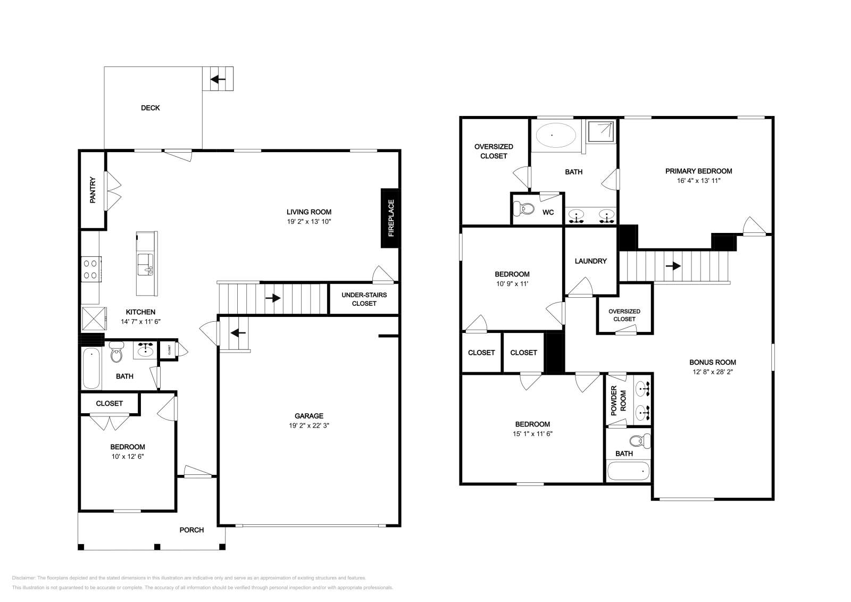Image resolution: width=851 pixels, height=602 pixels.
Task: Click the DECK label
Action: click(x=150, y=108)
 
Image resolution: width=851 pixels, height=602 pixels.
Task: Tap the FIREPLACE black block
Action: click(x=390, y=218)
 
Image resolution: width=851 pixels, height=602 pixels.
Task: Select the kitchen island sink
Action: click(x=145, y=263)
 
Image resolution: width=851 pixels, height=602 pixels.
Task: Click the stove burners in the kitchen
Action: click(x=91, y=269)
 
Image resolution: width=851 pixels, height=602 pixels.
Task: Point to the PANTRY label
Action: click(x=93, y=190)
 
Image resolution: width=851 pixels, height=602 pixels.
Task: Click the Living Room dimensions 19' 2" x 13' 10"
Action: click(x=308, y=221)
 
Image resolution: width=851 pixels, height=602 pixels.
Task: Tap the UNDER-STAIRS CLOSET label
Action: click(x=364, y=299)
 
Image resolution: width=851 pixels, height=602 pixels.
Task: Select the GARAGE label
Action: click(x=309, y=416)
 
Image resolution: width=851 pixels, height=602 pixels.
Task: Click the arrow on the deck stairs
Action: click(x=218, y=80)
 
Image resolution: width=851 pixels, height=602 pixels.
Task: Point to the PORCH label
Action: click(x=191, y=530)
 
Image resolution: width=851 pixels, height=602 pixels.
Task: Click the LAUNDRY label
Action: click(x=590, y=261)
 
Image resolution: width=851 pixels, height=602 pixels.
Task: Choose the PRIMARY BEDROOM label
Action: click(x=698, y=171)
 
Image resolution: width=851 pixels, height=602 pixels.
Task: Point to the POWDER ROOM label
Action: click(x=618, y=400)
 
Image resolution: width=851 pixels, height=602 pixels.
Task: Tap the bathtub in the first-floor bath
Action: click(x=91, y=368)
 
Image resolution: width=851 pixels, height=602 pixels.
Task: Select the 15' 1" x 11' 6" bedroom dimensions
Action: click(x=532, y=433)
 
